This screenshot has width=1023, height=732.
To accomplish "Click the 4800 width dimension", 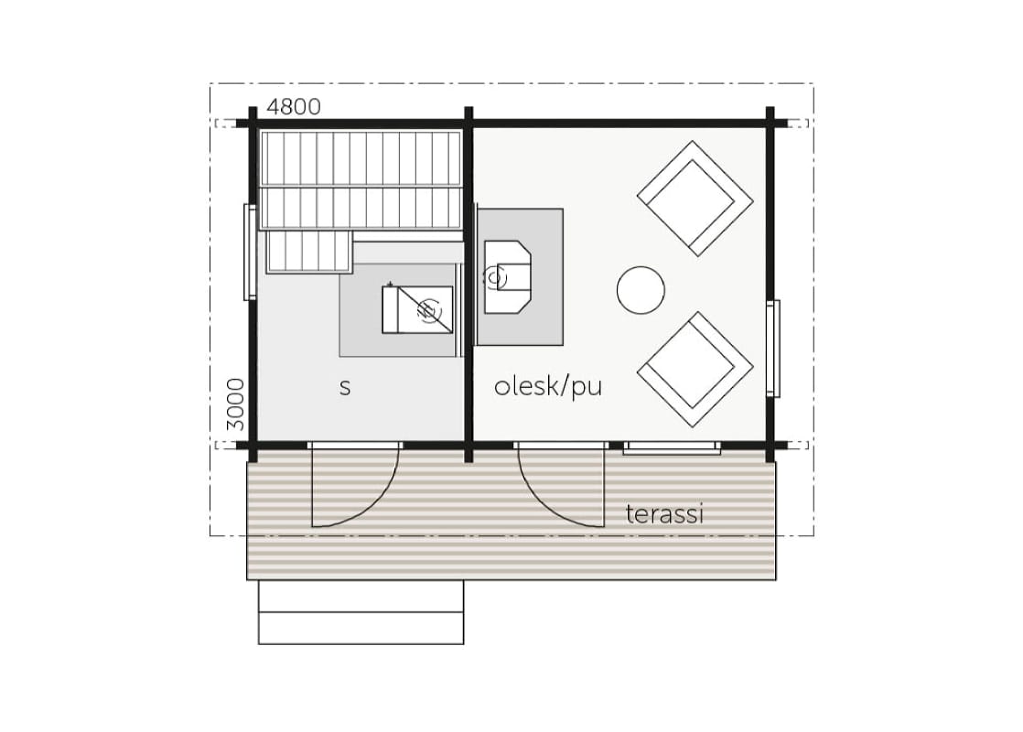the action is (294, 106).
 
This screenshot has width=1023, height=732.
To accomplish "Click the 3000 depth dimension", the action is (235, 404).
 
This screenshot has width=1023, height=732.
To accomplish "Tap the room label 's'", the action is (345, 388).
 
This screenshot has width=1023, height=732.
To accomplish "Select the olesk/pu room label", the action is (548, 386).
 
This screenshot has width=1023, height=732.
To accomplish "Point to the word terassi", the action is (665, 514).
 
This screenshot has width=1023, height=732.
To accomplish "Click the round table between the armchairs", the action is (641, 290).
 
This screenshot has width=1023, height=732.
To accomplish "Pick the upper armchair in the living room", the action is (695, 199).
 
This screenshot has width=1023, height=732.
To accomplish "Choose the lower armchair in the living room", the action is (695, 370).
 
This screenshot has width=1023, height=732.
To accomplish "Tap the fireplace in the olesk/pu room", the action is (507, 277).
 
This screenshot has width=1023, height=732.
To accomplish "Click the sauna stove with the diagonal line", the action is (417, 310).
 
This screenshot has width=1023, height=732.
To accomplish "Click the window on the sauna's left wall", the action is (250, 252).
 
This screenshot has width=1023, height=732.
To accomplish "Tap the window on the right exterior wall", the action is (773, 349).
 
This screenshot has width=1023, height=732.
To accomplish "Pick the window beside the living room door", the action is (672, 447).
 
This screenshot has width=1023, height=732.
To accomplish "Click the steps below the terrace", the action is (361, 612).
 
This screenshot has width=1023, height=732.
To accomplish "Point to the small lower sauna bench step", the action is (309, 252).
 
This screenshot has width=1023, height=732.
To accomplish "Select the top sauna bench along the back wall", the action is (361, 158).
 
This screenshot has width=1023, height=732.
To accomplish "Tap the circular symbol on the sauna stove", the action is (428, 310).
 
